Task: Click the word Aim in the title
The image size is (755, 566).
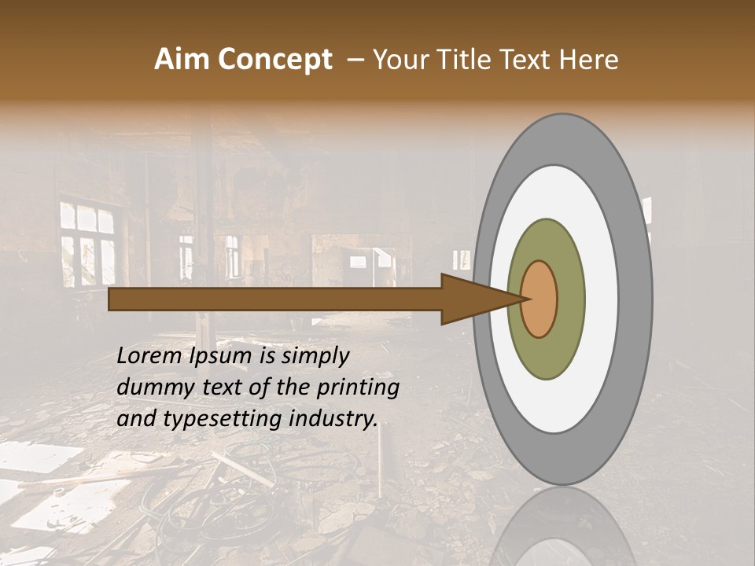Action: [180, 60]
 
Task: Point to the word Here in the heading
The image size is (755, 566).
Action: [591, 60]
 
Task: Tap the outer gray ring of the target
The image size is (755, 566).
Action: [637, 300]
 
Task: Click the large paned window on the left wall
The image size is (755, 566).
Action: [87, 243]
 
